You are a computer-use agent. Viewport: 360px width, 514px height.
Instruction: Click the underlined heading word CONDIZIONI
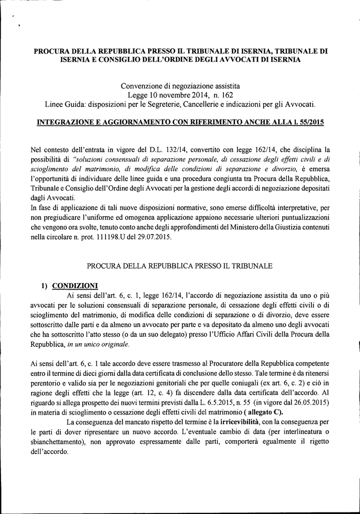(x=77, y=286)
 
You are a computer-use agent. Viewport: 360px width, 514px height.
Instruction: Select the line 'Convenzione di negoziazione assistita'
(x=180, y=86)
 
